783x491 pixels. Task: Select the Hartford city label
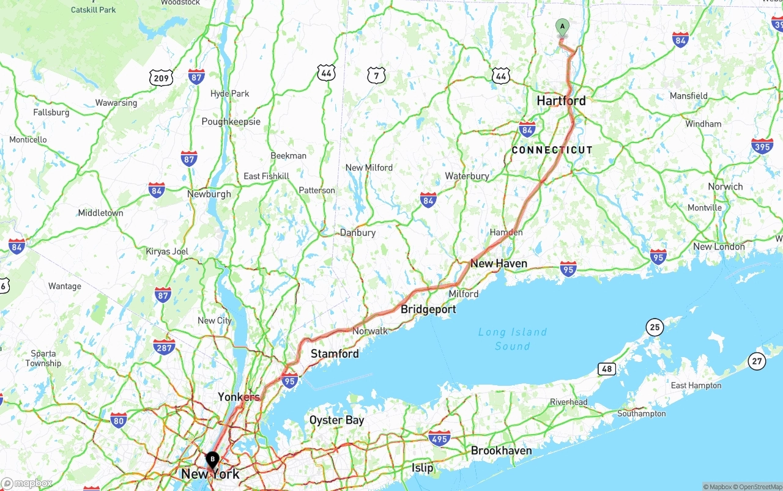tap(561, 101)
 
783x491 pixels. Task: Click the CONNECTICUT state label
tap(552, 150)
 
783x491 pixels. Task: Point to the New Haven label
tap(499, 264)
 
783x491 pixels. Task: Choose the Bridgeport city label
tap(428, 309)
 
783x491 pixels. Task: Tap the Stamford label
tap(335, 354)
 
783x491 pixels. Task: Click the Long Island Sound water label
tap(513, 339)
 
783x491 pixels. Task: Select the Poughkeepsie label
tap(231, 122)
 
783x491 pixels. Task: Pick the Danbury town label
tap(357, 233)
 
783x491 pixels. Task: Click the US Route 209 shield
tap(161, 78)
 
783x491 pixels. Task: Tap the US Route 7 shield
tap(377, 75)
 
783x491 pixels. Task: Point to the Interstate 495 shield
tap(439, 438)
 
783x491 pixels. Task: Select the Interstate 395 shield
tap(762, 146)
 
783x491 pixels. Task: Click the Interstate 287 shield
tap(164, 347)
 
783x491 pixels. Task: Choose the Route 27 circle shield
tap(757, 361)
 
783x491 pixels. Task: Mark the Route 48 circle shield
tap(607, 369)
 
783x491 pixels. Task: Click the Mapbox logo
tap(27, 484)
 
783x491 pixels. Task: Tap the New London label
tap(719, 247)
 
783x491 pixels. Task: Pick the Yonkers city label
tap(239, 397)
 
